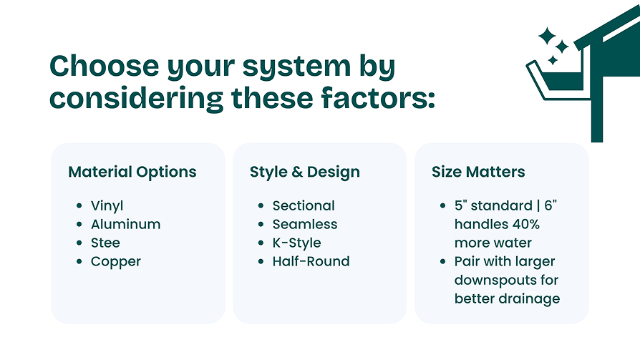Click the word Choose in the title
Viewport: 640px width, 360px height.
click(104, 66)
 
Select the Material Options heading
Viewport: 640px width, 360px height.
click(132, 172)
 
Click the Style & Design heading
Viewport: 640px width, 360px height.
click(305, 172)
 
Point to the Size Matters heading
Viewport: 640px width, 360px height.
click(478, 172)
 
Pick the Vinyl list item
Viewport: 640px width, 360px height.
click(107, 205)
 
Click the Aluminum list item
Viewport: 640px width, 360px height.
click(126, 224)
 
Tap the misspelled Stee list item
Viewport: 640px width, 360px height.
click(105, 243)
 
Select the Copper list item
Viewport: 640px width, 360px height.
click(116, 262)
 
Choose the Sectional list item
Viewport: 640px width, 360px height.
click(304, 205)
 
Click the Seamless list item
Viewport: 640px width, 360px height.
click(305, 224)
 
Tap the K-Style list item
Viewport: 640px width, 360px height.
click(297, 243)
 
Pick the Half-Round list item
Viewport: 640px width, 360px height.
click(311, 261)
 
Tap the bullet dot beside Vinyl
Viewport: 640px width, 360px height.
click(79, 205)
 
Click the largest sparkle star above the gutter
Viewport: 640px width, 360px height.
click(547, 36)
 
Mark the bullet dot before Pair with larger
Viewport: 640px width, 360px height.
click(443, 261)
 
